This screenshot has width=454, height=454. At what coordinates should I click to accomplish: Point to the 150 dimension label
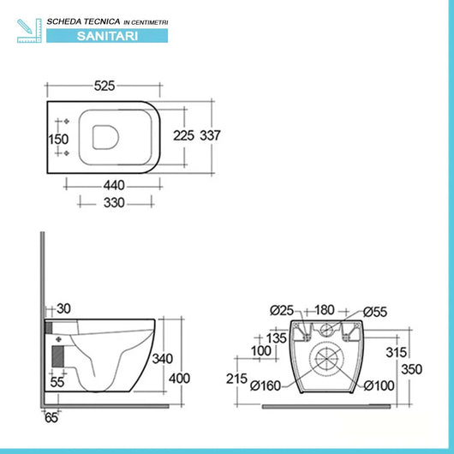57,139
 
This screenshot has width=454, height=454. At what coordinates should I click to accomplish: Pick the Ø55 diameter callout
375,309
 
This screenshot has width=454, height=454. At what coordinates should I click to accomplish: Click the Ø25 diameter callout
281,309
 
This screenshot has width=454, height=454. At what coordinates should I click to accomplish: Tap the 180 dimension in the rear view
326,309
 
